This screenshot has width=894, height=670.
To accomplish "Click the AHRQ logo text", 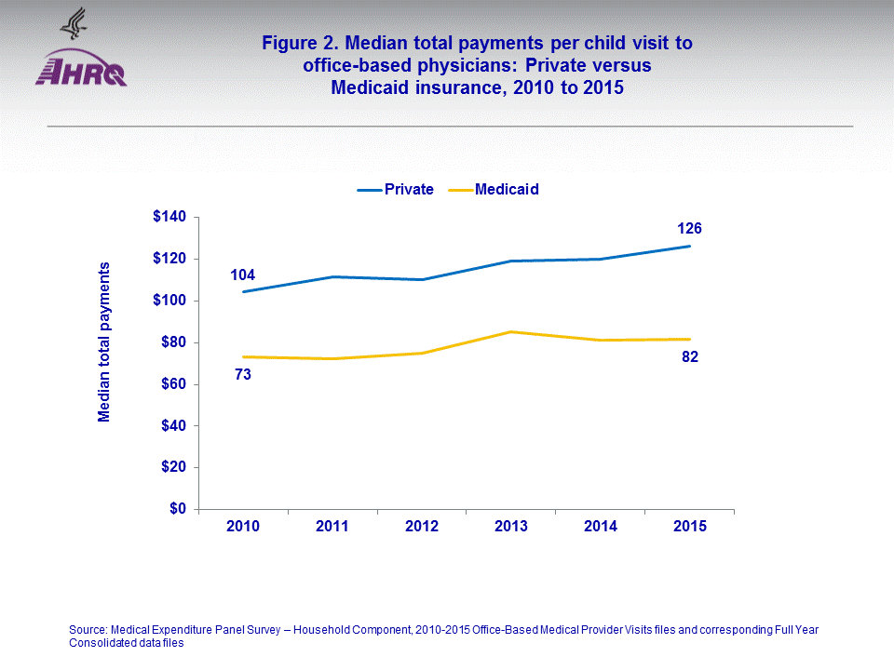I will coord(81,72).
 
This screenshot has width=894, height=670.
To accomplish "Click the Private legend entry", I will coord(396,189).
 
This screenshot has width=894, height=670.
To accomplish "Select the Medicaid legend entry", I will coord(494,189).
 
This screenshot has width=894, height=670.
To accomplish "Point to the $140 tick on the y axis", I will coord(170,217).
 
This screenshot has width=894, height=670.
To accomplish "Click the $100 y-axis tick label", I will coord(170,301).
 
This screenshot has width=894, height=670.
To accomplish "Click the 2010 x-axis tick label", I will coord(243,527).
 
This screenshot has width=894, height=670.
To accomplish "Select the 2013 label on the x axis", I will coord(511,527).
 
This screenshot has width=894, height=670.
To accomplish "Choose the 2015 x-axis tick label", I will coord(690,527).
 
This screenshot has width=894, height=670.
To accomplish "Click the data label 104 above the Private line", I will coord(243,275).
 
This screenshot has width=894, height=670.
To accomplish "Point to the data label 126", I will coord(690,228).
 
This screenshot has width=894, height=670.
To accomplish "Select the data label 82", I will coord(690,356).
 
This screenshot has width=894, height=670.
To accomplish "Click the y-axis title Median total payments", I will coord(104,342).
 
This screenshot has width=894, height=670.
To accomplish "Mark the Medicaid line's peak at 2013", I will coord(511,331).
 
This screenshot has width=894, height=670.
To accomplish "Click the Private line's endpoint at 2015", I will coord(690,246).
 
